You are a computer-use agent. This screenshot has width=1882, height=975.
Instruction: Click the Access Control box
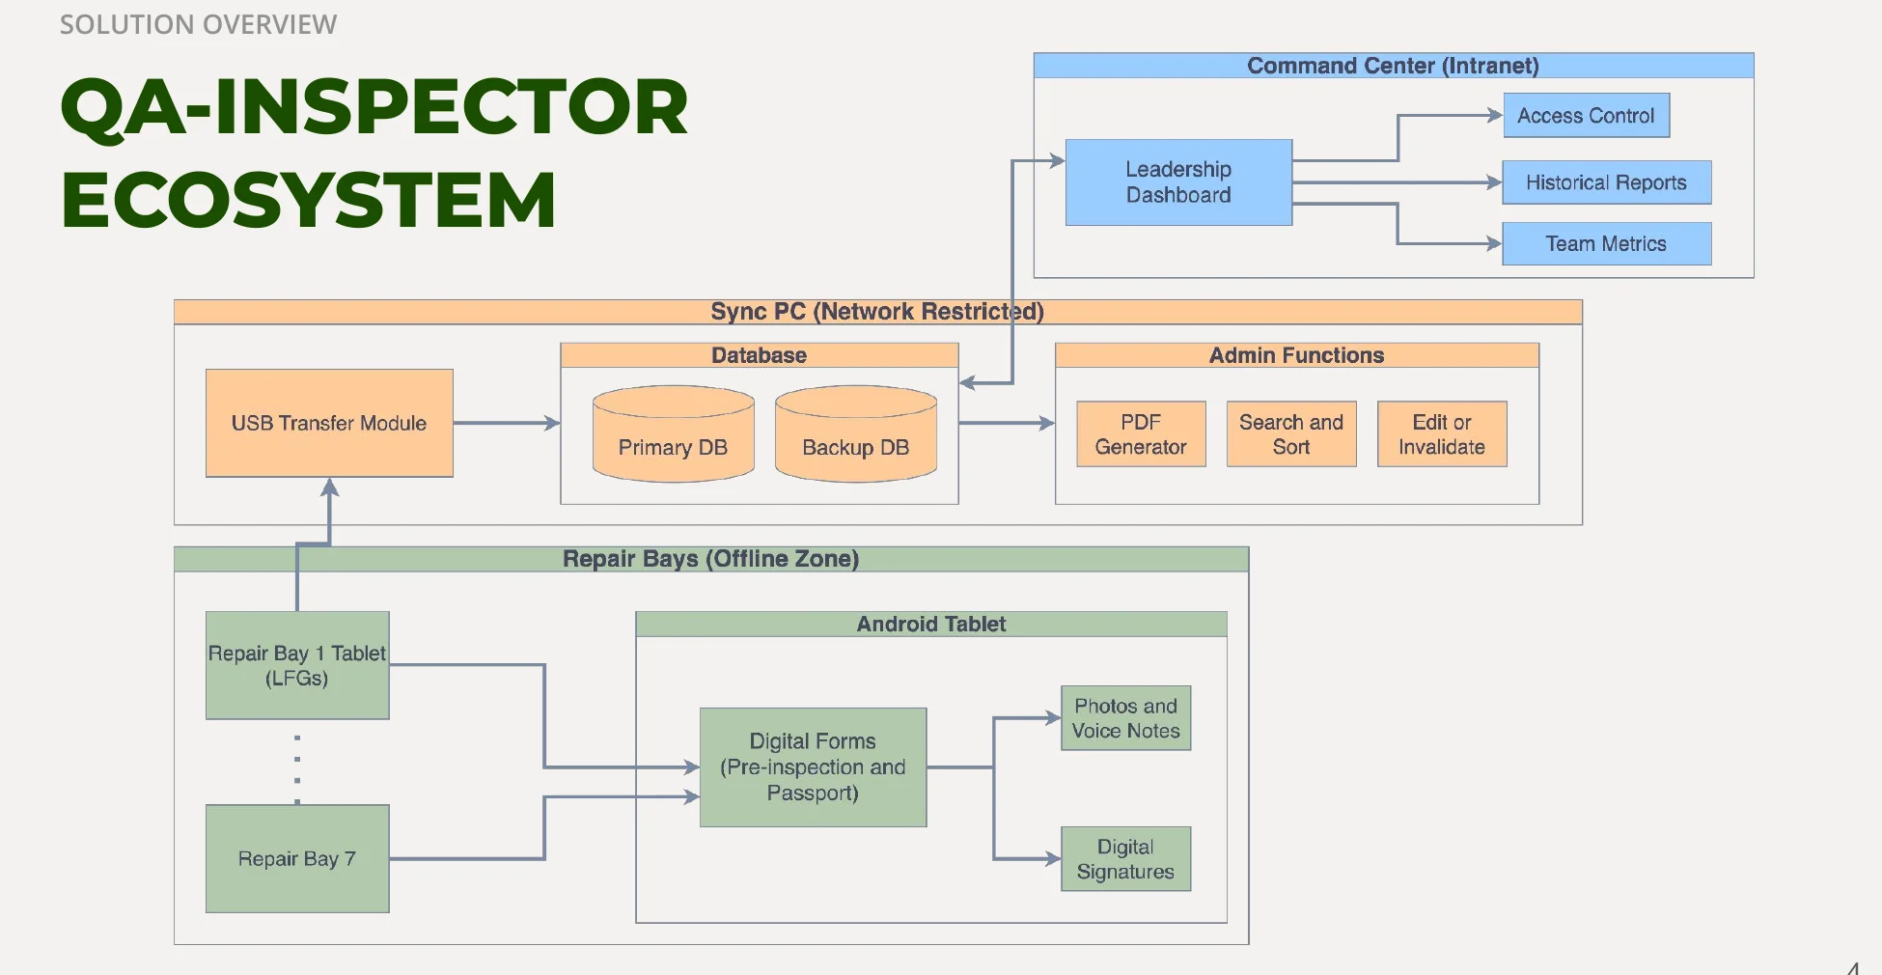tap(1586, 116)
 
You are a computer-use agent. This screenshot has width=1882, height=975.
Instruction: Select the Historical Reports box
tap(1606, 182)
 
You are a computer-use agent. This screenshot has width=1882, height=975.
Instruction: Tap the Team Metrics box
tap(1606, 243)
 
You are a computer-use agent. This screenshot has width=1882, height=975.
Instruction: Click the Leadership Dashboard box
tap(1178, 182)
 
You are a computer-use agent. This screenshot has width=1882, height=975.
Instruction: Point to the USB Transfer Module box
tap(329, 423)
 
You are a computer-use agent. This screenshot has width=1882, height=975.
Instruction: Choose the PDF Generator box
tap(1141, 434)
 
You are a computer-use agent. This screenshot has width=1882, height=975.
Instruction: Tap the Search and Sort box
tap(1291, 434)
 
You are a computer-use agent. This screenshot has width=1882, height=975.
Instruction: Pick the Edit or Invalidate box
tap(1442, 434)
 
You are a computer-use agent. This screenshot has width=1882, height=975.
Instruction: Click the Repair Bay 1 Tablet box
tap(297, 665)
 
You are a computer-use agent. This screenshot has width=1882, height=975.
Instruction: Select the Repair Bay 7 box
tap(297, 858)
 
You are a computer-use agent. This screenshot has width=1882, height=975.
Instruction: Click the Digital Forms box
tap(813, 767)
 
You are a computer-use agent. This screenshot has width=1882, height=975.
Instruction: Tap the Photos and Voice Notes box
tap(1125, 718)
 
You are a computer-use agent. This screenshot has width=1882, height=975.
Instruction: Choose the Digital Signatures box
tap(1125, 858)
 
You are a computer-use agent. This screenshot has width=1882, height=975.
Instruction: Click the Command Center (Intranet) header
tap(1393, 66)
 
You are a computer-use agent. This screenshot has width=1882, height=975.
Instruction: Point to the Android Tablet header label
tap(931, 624)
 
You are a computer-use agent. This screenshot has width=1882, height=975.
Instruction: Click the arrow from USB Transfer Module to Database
tap(506, 423)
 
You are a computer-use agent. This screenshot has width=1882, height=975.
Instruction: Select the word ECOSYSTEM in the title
tap(309, 200)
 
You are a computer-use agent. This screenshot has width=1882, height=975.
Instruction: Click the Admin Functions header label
tap(1296, 355)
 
